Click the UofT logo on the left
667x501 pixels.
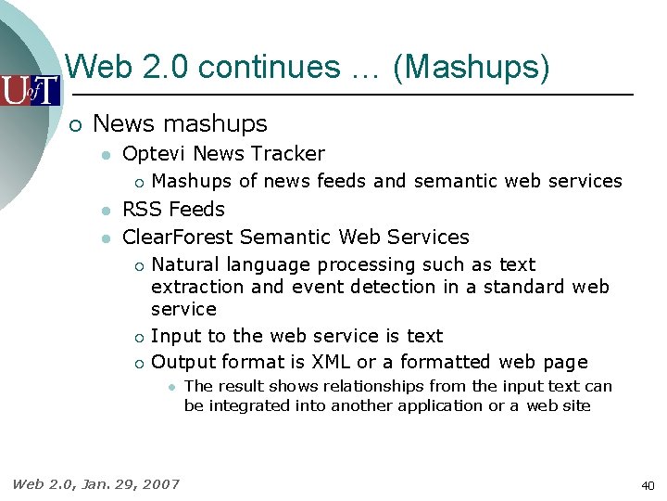pyautogui.click(x=30, y=90)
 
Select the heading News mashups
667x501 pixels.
pyautogui.click(x=180, y=123)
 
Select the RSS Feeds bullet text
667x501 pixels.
pyautogui.click(x=173, y=210)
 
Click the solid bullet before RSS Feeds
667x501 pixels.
pyautogui.click(x=107, y=211)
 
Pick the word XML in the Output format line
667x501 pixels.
pyautogui.click(x=331, y=362)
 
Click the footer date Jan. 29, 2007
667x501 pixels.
pyautogui.click(x=129, y=483)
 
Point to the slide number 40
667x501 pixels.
pyautogui.click(x=647, y=485)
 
